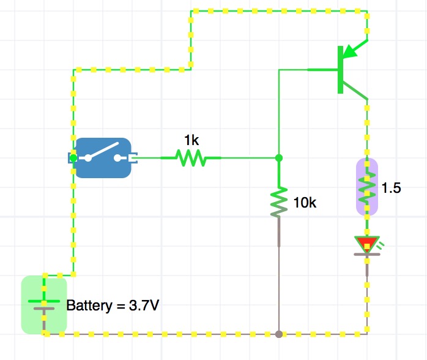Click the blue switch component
[x=103, y=157]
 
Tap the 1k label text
[x=191, y=140]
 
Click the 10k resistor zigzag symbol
[x=279, y=203]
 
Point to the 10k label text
[x=305, y=203]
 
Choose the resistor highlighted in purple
[x=367, y=186]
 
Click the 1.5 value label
[x=391, y=189]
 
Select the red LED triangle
[x=366, y=245]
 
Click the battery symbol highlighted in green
[x=43, y=304]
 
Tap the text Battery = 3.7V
[x=113, y=305]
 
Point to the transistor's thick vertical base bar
[x=340, y=70]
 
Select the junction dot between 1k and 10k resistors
[x=279, y=158]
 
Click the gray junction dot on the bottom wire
[x=279, y=334]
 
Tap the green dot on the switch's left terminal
[x=74, y=158]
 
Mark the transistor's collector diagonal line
[x=355, y=91]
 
